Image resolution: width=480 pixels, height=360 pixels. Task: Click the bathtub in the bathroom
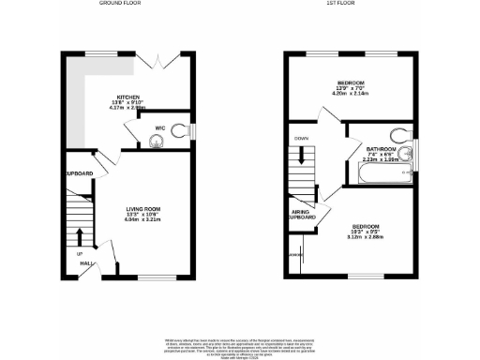(x=375, y=175)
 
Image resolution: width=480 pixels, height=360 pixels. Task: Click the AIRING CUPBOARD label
(x=301, y=215)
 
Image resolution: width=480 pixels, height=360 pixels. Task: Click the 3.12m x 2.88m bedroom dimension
(x=366, y=238)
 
